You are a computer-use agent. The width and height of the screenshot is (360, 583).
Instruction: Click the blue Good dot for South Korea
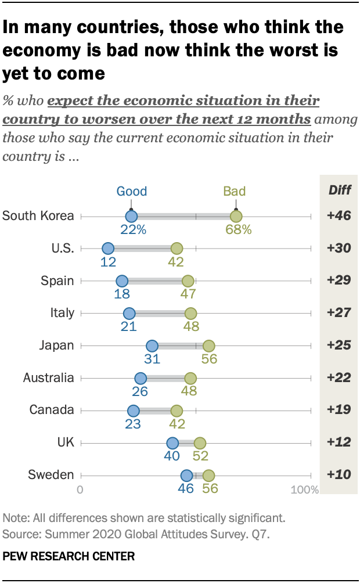point(131,217)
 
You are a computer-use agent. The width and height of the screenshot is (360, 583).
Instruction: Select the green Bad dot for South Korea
point(236,217)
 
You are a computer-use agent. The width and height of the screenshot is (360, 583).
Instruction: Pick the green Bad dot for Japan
point(208,346)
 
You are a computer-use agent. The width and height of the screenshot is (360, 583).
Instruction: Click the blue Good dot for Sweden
point(186,476)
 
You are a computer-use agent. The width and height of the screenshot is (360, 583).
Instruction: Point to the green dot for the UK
point(200,443)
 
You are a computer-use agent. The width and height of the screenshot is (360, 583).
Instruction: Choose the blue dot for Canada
point(134,411)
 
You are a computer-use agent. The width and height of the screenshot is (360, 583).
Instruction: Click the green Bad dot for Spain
point(188,281)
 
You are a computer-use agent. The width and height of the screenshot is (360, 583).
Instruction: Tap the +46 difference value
point(339,216)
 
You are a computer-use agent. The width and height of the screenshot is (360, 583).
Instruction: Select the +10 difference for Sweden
point(339,475)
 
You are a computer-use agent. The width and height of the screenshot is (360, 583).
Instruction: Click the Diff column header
point(340,190)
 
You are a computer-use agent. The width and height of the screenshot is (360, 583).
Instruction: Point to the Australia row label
point(49,378)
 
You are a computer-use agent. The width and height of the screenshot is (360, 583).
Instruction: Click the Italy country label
point(63,313)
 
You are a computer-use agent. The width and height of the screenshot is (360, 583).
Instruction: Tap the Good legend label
point(132,191)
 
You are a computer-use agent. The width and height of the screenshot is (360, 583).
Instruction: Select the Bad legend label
point(235,191)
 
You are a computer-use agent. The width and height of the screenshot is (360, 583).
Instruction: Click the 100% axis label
point(304,490)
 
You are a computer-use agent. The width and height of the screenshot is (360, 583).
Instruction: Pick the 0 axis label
point(80,490)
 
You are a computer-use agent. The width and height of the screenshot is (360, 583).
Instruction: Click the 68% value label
point(238,230)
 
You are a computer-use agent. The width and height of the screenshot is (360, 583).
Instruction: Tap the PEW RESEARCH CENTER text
point(69,556)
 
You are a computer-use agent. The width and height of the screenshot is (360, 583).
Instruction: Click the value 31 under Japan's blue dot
point(152,359)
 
